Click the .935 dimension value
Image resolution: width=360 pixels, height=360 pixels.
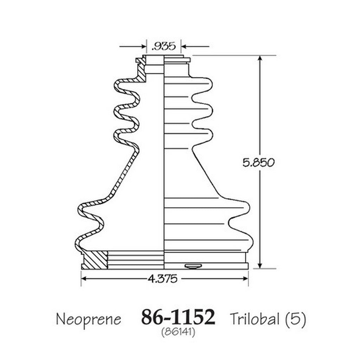[x=164, y=46]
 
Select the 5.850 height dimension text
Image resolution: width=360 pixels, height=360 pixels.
[x=258, y=162]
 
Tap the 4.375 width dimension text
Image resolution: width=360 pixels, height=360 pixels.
[x=163, y=279]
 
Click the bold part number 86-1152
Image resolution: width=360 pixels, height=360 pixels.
[x=178, y=317]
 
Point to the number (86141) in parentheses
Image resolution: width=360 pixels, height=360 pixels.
[x=178, y=332]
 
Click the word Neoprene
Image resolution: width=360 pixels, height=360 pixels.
[x=89, y=319]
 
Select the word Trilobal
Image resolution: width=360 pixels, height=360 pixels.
[x=255, y=319]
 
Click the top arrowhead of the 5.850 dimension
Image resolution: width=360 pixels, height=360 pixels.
[x=260, y=59]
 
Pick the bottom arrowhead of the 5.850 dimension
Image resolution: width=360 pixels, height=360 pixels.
[x=260, y=265]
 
